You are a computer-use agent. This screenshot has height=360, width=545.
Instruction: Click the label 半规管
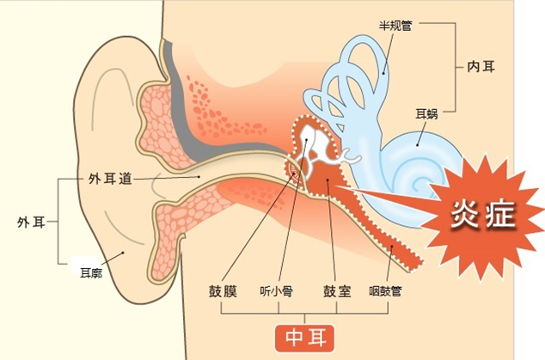(395, 26)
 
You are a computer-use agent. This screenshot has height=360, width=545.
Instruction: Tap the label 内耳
(481, 66)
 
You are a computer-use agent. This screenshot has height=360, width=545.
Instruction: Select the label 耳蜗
(426, 114)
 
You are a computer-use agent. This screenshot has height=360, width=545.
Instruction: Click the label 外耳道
(111, 179)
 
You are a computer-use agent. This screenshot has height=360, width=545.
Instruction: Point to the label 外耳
(31, 222)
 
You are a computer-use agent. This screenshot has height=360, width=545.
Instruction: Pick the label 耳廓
(91, 272)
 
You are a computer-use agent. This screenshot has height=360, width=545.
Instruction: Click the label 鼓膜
(223, 291)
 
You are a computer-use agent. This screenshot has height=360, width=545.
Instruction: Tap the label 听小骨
(276, 291)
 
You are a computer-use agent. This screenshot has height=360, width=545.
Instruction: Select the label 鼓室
(337, 291)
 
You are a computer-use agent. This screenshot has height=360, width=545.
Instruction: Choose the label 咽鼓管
(385, 291)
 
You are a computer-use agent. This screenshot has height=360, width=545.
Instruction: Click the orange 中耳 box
(305, 339)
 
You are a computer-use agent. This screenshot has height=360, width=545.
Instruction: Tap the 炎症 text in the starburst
(482, 215)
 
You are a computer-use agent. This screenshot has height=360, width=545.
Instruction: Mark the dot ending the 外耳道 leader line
(199, 176)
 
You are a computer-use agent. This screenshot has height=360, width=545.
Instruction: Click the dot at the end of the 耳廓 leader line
(123, 253)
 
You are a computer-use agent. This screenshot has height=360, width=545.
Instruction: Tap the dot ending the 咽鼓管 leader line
(392, 247)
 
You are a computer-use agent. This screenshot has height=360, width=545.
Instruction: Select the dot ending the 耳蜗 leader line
(418, 145)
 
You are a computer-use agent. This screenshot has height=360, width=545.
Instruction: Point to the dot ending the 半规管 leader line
(383, 73)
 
